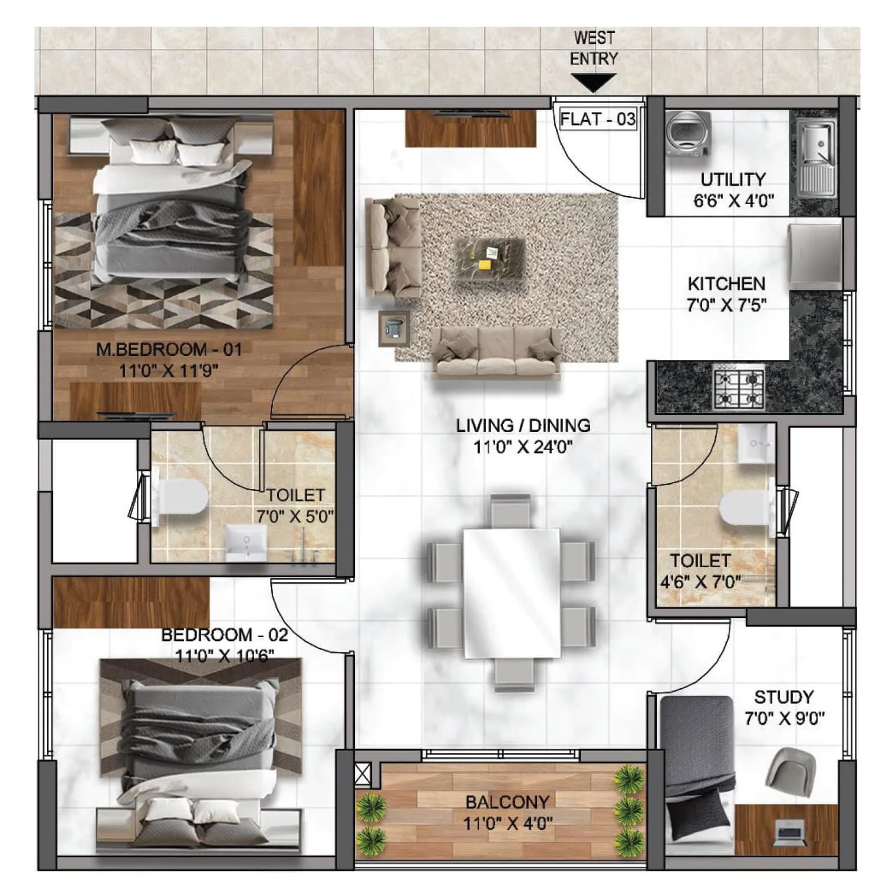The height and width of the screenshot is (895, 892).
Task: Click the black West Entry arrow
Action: pos(593,82)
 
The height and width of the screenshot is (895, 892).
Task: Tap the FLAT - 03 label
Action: pos(597,119)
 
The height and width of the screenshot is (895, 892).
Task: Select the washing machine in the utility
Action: pos(687,135)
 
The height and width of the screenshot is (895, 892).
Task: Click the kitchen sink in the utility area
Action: pos(816,144)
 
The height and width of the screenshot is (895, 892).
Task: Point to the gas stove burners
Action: pos(739,386)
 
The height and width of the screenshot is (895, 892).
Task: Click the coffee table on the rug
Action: pos(491,259)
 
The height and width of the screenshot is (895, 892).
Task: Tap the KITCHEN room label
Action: pos(726,283)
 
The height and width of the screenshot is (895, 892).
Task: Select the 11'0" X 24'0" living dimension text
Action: pos(523,447)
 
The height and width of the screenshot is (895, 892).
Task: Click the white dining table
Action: pos(511,593)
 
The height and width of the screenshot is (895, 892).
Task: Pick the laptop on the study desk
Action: pos(789,833)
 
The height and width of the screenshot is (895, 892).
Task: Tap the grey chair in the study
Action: pos(791,767)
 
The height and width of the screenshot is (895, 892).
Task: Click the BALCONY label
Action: pos(507,802)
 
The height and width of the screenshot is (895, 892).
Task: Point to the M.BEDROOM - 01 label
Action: pos(169,349)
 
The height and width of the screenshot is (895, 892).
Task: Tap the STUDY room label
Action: pos(784,697)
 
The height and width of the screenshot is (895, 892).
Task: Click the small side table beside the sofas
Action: pos(393,328)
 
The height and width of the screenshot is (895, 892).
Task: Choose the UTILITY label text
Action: pos(733,179)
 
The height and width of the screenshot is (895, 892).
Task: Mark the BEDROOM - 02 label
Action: pos(224,635)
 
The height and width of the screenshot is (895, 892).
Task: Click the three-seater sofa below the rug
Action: pos(496,353)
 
